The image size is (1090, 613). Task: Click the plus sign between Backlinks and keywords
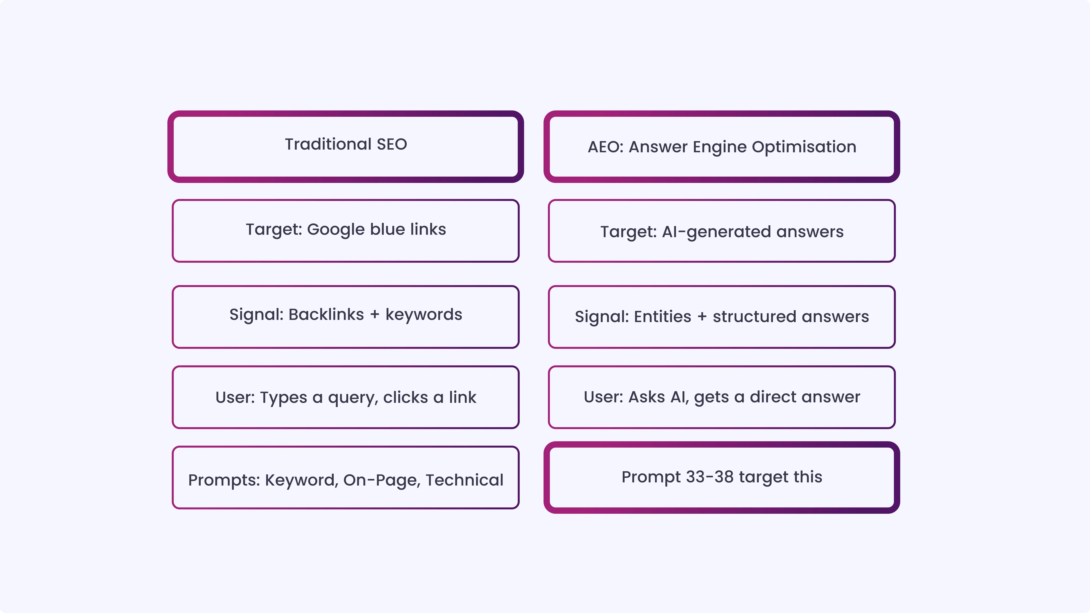click(375, 315)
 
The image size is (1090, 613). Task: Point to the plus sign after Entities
click(702, 317)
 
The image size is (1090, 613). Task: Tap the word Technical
click(464, 480)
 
